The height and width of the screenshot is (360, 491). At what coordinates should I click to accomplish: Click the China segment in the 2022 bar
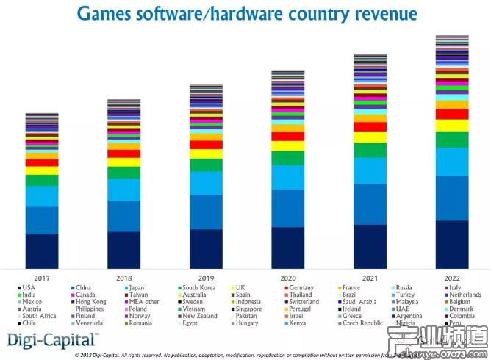pyautogui.click(x=452, y=198)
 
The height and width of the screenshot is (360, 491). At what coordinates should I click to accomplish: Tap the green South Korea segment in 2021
pyautogui.click(x=370, y=151)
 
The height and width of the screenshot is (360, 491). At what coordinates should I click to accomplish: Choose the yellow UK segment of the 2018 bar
pyautogui.click(x=123, y=162)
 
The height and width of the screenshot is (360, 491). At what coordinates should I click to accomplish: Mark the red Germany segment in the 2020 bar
pyautogui.click(x=287, y=137)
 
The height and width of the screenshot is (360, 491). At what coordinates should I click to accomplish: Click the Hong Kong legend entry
pyautogui.click(x=112, y=302)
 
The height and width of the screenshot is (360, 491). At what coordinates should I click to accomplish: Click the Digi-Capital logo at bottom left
pyautogui.click(x=51, y=339)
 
